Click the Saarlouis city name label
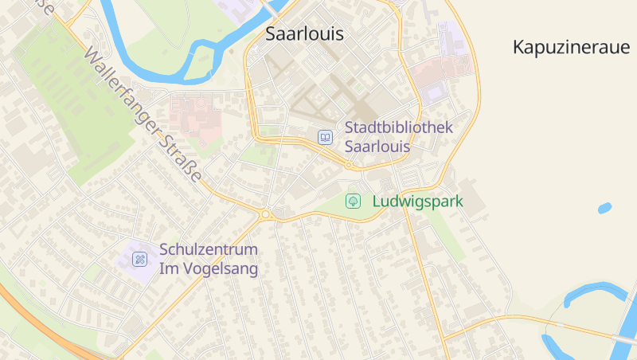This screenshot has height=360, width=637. click(304, 34)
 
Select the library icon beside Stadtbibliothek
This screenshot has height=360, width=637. click(325, 137)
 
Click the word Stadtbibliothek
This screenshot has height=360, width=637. click(398, 127)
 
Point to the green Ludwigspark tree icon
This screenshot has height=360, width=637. click(353, 202)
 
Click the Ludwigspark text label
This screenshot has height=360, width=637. click(417, 202)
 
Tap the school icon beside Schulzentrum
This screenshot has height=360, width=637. click(140, 259)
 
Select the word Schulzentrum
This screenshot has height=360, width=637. click(208, 250)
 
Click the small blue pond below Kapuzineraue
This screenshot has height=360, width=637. click(604, 209)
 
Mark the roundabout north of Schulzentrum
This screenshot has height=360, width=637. click(265, 213)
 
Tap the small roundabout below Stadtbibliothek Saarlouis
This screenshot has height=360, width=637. click(349, 166)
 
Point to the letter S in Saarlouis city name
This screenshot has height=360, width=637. click(271, 34)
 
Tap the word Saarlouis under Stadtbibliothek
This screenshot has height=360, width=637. click(377, 147)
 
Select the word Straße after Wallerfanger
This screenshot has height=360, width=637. click(184, 157)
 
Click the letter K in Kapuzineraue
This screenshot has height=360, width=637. click(518, 47)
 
